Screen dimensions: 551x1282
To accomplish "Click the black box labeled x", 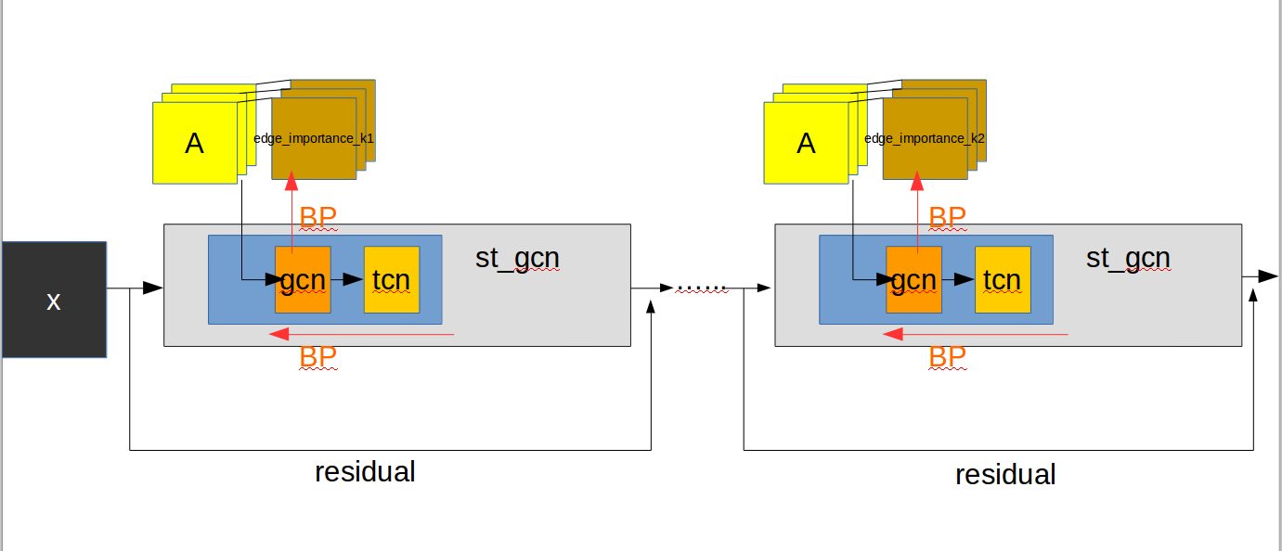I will click(x=54, y=299).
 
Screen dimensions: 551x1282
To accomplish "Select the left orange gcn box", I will click(x=303, y=279).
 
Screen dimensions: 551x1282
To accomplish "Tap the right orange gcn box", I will click(x=913, y=279).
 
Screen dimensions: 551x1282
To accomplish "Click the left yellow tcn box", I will click(x=391, y=279).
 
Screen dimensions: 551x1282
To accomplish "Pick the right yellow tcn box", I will click(x=1002, y=279).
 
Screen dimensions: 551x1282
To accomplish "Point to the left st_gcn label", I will click(x=517, y=258).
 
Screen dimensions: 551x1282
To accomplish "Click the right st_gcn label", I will click(x=1128, y=258).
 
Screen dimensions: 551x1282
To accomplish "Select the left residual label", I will click(x=365, y=471).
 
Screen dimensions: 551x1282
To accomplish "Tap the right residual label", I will click(x=1005, y=475).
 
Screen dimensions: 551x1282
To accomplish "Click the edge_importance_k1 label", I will click(x=314, y=138).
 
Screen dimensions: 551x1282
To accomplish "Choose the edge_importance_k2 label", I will click(x=925, y=138).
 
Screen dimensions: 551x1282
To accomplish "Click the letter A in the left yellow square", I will click(x=194, y=144).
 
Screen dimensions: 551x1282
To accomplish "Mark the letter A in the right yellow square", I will click(x=806, y=144).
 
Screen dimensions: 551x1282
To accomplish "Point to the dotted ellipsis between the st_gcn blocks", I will click(x=702, y=288).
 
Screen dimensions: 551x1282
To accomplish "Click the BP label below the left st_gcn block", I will click(x=317, y=357).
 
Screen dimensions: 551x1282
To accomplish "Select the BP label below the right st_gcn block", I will click(x=947, y=357).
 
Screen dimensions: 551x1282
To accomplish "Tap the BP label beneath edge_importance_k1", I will click(x=317, y=217).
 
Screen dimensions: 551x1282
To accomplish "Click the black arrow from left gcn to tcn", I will click(x=347, y=279).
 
